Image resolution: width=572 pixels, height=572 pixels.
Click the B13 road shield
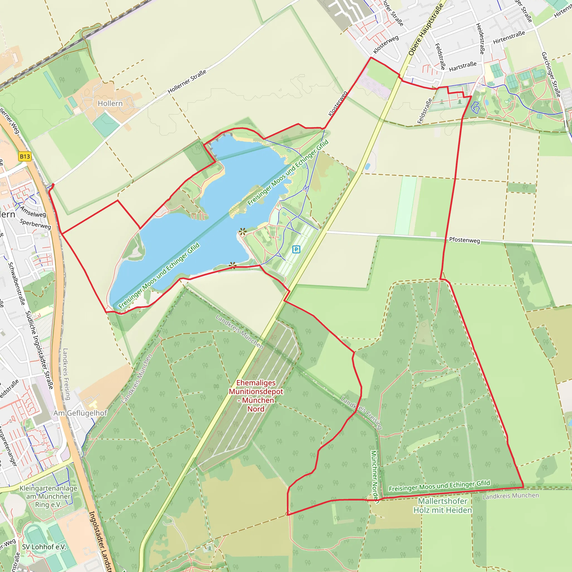click(x=25, y=156)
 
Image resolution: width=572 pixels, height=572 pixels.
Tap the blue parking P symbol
click(x=296, y=249)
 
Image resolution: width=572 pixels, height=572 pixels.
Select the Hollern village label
click(x=110, y=103)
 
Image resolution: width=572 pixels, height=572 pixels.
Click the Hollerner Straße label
click(x=187, y=82)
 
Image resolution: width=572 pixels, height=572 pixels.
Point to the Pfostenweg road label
click(x=464, y=240)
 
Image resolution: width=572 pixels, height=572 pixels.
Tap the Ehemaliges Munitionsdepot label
click(x=256, y=396)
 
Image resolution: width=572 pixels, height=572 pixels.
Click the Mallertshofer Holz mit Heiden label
click(x=443, y=506)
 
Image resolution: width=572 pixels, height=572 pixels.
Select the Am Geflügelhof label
click(x=80, y=413)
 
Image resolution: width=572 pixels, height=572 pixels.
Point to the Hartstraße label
click(x=463, y=67)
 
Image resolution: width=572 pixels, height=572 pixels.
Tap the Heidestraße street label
click(x=480, y=39)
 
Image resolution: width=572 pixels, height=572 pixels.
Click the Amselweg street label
click(x=33, y=212)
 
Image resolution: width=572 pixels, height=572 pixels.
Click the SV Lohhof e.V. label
click(x=44, y=547)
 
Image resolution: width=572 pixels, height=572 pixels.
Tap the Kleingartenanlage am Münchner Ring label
click(x=48, y=497)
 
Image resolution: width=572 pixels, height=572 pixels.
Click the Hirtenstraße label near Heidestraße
click(x=509, y=37)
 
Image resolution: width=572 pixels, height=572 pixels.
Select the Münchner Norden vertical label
click(x=375, y=477)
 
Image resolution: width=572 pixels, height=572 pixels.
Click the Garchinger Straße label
click(x=551, y=74)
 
